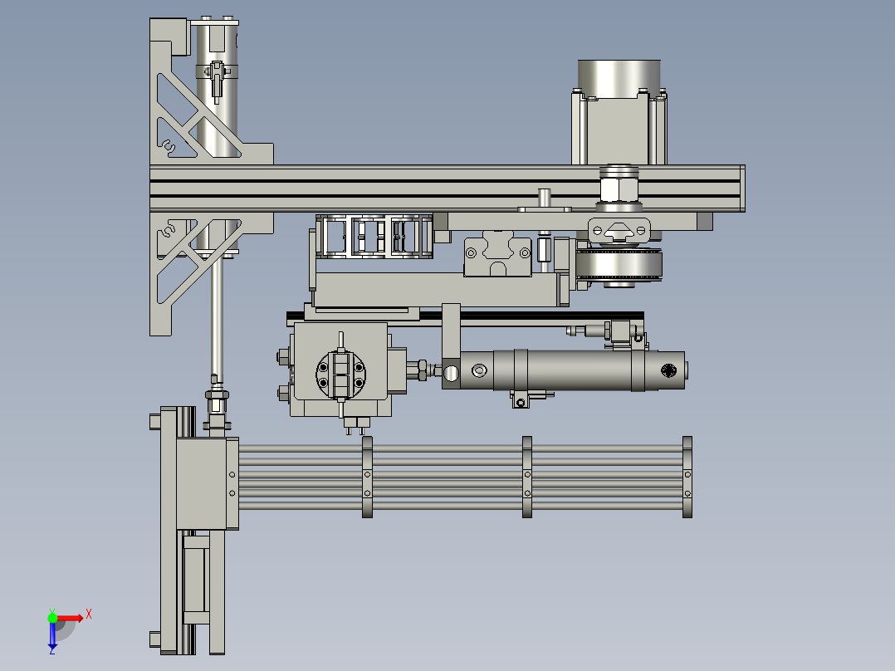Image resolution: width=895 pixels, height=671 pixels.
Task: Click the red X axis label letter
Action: (89, 615)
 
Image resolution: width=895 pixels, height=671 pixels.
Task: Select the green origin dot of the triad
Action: (52, 618)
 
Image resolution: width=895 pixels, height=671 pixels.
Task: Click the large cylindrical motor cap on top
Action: (619, 77)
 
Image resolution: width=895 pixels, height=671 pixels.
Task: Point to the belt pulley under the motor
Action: (619, 265)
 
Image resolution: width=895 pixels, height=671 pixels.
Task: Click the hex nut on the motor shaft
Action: (619, 189)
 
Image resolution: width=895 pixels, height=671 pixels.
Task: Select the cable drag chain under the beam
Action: (374, 237)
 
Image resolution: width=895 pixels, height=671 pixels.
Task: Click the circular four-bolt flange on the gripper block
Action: (340, 374)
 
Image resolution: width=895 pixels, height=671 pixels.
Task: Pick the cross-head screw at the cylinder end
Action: (669, 370)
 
